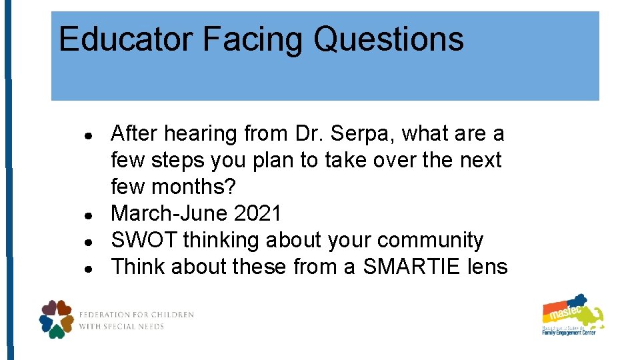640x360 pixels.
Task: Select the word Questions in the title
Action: coord(388,39)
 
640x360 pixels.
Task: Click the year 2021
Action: coord(258,214)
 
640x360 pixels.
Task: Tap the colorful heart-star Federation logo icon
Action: coord(57,319)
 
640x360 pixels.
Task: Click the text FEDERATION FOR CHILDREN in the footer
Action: coord(136,315)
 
